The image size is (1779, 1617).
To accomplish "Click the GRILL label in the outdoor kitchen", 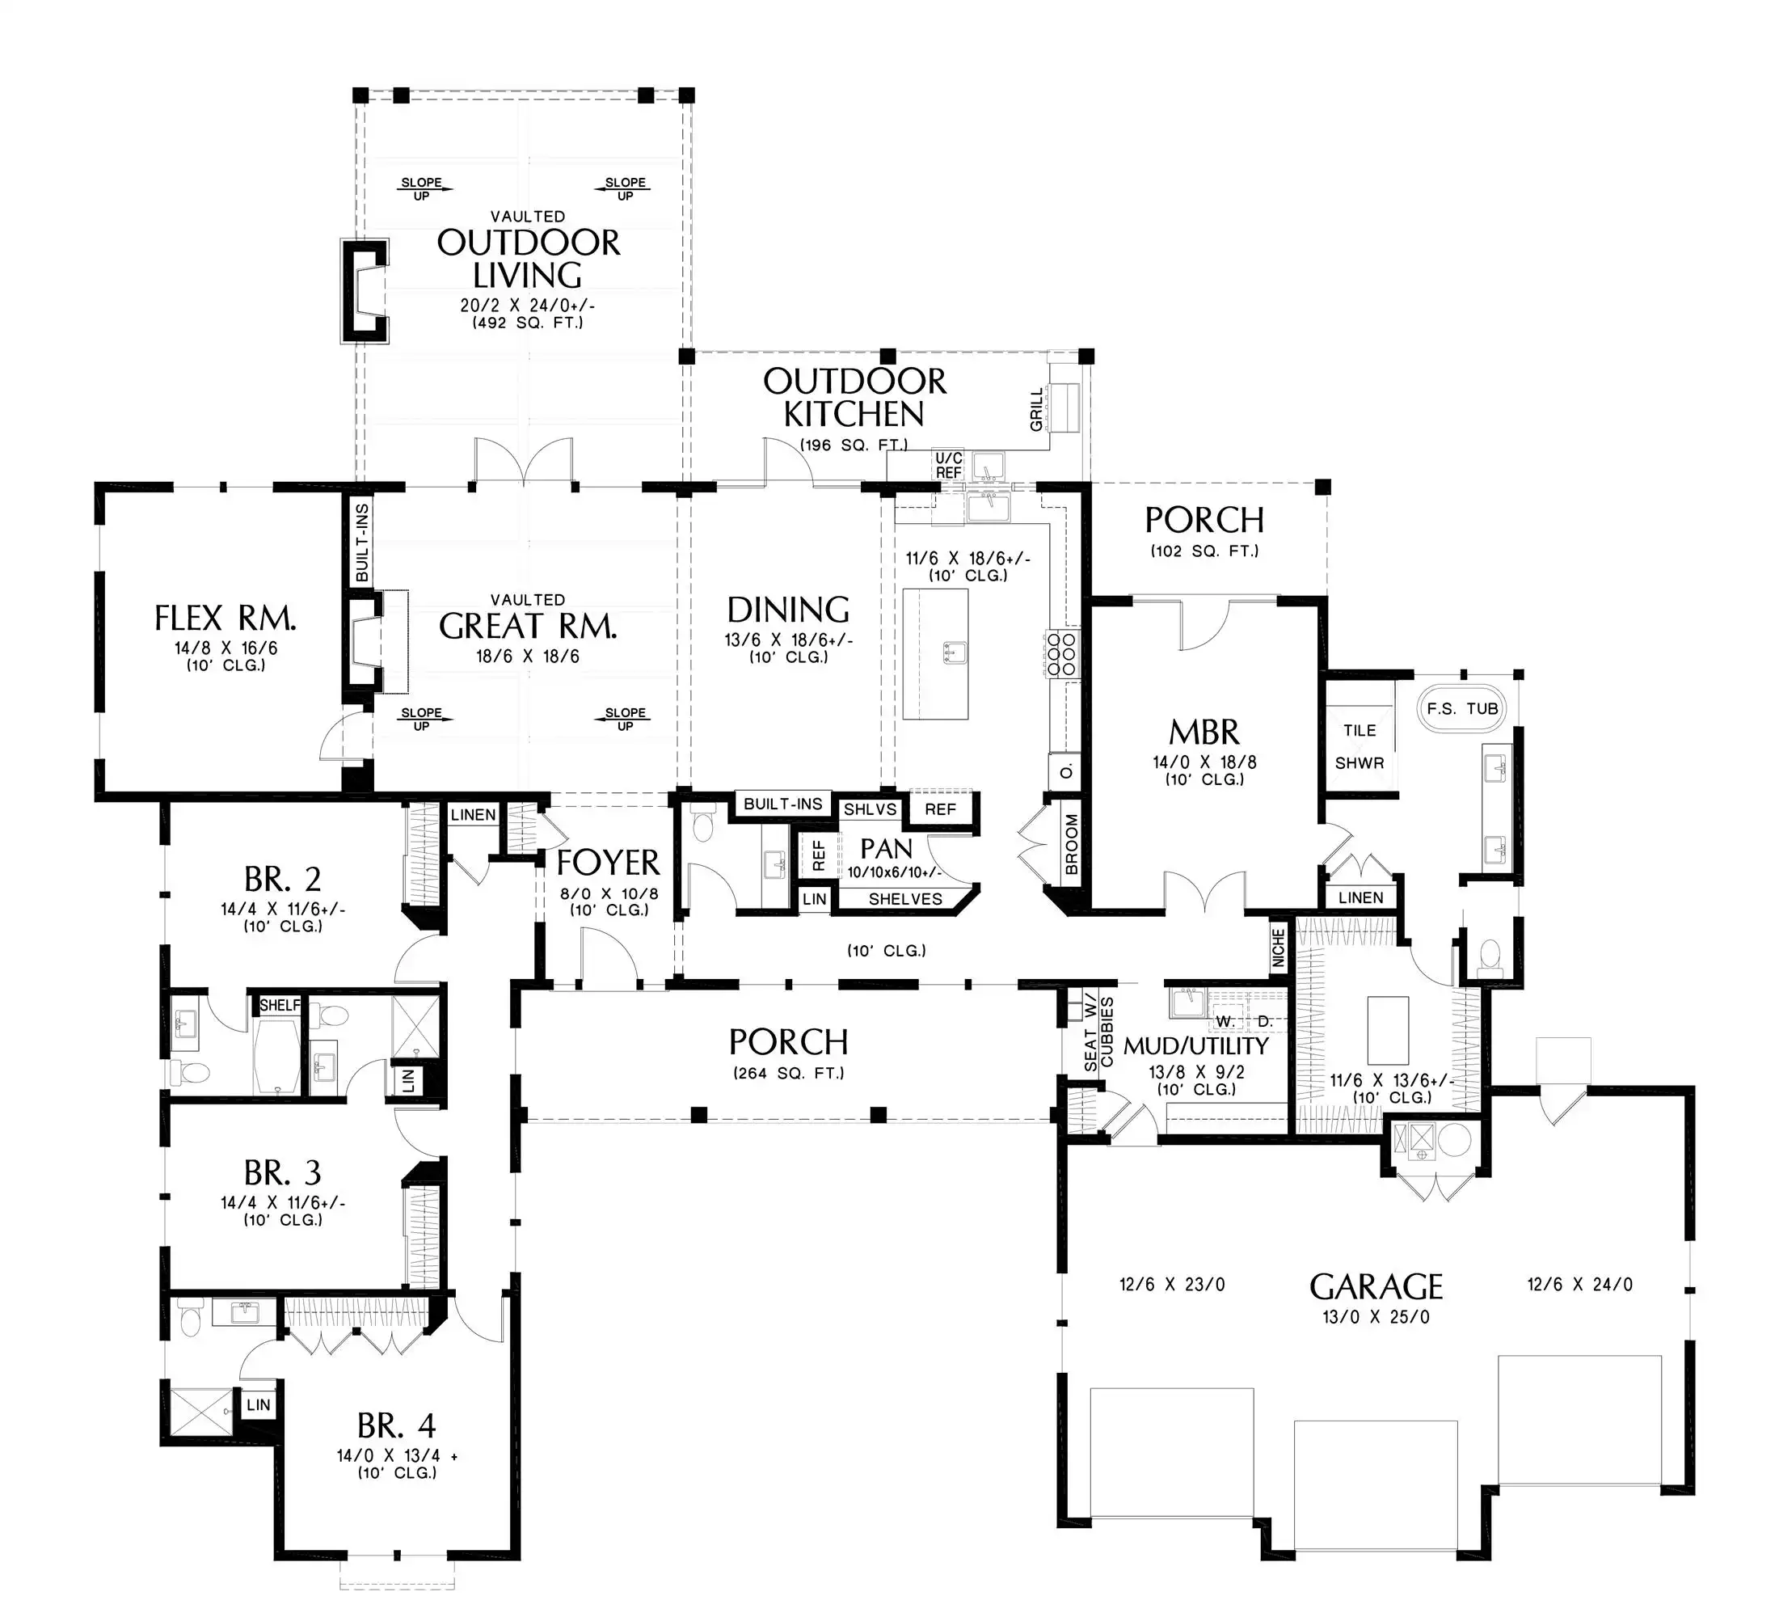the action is (1037, 411).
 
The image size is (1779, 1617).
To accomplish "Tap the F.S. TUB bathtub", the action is (1462, 709).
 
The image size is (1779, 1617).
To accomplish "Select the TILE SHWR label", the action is (1359, 747).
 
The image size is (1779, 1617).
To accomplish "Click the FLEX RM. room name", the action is (225, 618).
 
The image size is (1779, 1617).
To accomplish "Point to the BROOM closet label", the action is (1072, 845).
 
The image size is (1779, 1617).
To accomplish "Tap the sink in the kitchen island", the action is (954, 653).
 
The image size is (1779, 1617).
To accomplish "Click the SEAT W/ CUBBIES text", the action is (1098, 1033).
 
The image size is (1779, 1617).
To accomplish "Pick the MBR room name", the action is (1204, 732).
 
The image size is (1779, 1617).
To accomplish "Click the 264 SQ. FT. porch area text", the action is (789, 1074).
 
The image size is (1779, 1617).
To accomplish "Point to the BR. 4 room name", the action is (396, 1425).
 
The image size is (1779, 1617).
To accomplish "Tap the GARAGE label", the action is (1376, 1287).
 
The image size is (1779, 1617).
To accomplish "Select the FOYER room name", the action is (608, 863).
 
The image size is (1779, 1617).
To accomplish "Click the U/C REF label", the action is (949, 465).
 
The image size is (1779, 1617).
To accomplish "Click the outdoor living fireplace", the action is (365, 291).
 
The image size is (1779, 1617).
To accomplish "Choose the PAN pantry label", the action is (886, 849).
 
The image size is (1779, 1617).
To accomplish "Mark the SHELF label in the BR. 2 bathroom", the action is (280, 1004).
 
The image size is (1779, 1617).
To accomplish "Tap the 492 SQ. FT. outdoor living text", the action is (528, 323).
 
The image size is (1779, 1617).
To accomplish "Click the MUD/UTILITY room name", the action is (1195, 1046).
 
